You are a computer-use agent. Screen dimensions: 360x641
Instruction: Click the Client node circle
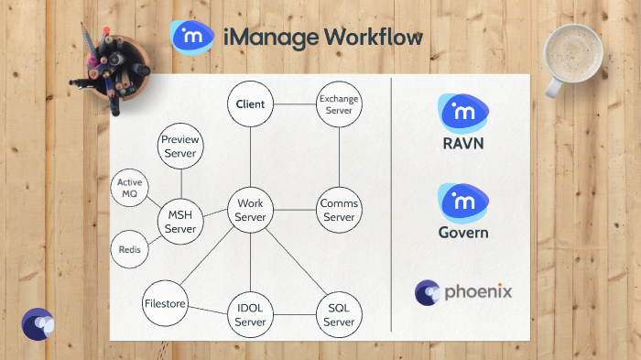click(250, 104)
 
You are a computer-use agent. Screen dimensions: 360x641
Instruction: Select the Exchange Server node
click(339, 104)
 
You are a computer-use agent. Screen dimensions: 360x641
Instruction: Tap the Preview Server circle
click(180, 147)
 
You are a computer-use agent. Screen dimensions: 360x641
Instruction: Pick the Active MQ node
click(130, 189)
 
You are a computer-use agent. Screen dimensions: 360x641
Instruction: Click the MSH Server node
click(180, 222)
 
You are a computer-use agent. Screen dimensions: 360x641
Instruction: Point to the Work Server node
click(250, 210)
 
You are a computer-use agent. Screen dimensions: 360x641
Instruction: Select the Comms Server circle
click(339, 210)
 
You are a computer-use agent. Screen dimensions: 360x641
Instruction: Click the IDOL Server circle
click(250, 316)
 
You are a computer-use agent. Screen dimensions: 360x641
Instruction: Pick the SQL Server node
click(339, 316)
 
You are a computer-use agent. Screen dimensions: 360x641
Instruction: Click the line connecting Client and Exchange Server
click(294, 104)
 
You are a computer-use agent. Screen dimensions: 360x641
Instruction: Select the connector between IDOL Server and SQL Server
click(294, 316)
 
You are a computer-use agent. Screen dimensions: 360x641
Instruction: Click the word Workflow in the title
click(377, 38)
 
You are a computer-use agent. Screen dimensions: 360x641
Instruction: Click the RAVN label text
click(462, 143)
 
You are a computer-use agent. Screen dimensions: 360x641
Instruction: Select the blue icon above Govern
click(462, 202)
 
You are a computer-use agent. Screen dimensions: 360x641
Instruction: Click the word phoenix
click(478, 292)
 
